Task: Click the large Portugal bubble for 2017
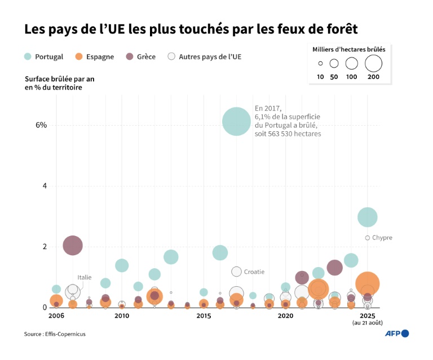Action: [x=236, y=121]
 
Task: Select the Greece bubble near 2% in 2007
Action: [x=73, y=245]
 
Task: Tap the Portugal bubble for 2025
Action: [x=367, y=217]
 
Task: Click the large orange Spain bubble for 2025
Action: [x=368, y=283]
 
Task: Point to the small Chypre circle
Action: [x=368, y=238]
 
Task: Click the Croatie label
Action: [x=254, y=272]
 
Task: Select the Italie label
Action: [x=85, y=277]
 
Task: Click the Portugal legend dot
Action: [x=28, y=56]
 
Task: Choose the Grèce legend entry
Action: [x=142, y=56]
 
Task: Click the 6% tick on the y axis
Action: [x=41, y=125]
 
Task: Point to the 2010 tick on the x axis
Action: [x=122, y=316]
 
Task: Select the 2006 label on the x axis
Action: [x=56, y=316]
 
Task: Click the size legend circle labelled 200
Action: [x=373, y=63]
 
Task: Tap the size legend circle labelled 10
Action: [x=320, y=64]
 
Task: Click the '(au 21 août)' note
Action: [x=368, y=323]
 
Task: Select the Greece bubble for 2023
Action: [x=335, y=268]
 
